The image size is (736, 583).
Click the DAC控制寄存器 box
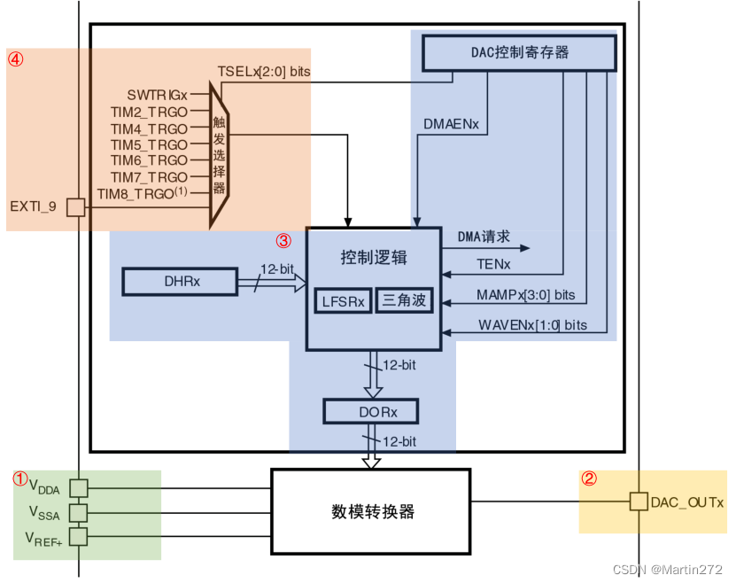[x=519, y=52]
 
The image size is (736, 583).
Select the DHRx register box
[x=181, y=282]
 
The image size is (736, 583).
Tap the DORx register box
[x=370, y=412]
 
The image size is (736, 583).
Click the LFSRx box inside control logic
[x=343, y=300]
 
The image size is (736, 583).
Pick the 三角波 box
[x=404, y=300]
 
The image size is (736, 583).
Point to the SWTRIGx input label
[x=158, y=94]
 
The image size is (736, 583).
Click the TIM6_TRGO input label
[x=149, y=160]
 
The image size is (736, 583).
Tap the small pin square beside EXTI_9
[x=76, y=206]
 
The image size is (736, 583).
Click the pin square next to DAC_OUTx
[x=638, y=501]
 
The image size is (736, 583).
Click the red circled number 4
[x=15, y=59]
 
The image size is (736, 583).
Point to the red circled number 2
[x=589, y=478]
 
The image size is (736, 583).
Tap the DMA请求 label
[x=484, y=237]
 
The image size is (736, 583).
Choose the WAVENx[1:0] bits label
[x=532, y=324]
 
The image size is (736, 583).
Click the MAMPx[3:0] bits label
[x=526, y=294]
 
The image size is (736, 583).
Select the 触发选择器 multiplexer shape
[x=218, y=153]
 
